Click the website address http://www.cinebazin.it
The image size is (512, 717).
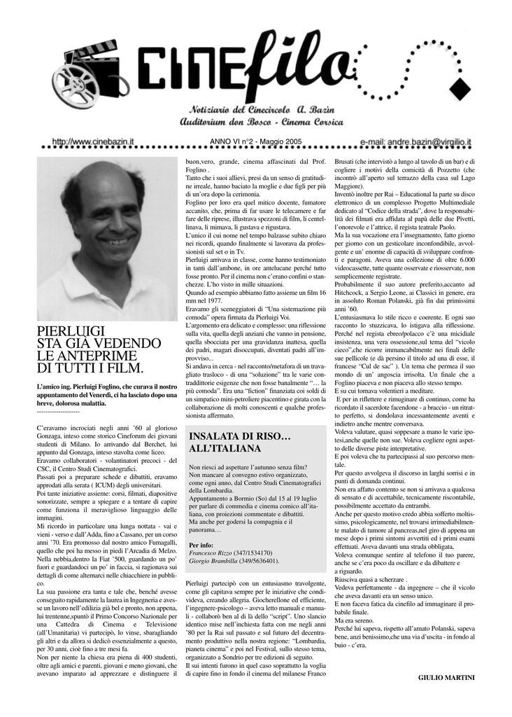(x=93, y=142)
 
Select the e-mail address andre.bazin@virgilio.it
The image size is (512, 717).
(x=415, y=142)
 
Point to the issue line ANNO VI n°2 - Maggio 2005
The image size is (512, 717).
(x=255, y=141)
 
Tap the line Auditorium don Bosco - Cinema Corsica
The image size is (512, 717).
(x=262, y=123)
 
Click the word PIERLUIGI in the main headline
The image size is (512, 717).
(x=71, y=332)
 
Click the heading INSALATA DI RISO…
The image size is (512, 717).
(x=239, y=436)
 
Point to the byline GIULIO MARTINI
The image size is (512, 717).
(x=446, y=677)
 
